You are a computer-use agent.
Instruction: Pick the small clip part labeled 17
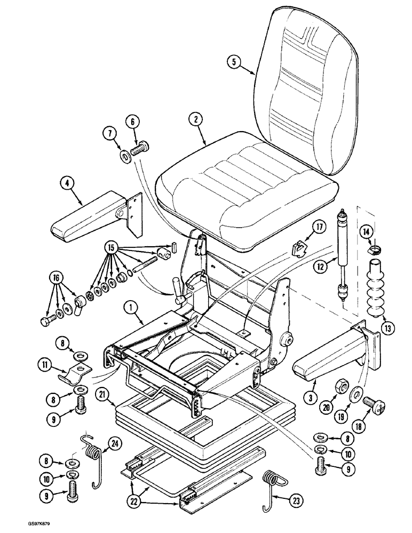pyautogui.click(x=300, y=247)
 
